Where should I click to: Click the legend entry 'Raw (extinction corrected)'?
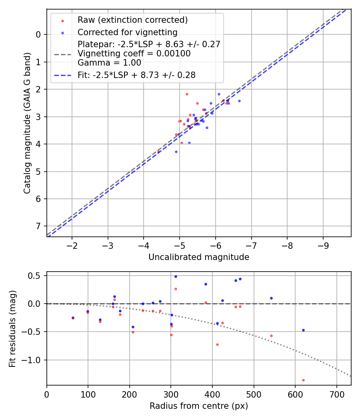tap(132, 20)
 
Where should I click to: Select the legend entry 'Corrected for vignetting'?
tap(127, 32)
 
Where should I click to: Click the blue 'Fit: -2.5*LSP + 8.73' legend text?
tap(136, 75)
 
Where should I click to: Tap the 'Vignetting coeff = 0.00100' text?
tap(134, 54)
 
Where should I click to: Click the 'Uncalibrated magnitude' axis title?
tap(199, 257)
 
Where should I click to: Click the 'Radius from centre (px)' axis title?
tap(199, 406)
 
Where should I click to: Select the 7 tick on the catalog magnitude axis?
tap(38, 226)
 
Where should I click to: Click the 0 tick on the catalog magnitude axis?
tap(38, 35)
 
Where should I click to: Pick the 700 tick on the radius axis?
tap(336, 394)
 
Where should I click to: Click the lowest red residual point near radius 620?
tap(303, 380)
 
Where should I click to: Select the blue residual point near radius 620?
tap(303, 330)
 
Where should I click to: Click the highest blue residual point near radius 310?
tap(176, 276)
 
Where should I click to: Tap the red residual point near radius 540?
tap(271, 336)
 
